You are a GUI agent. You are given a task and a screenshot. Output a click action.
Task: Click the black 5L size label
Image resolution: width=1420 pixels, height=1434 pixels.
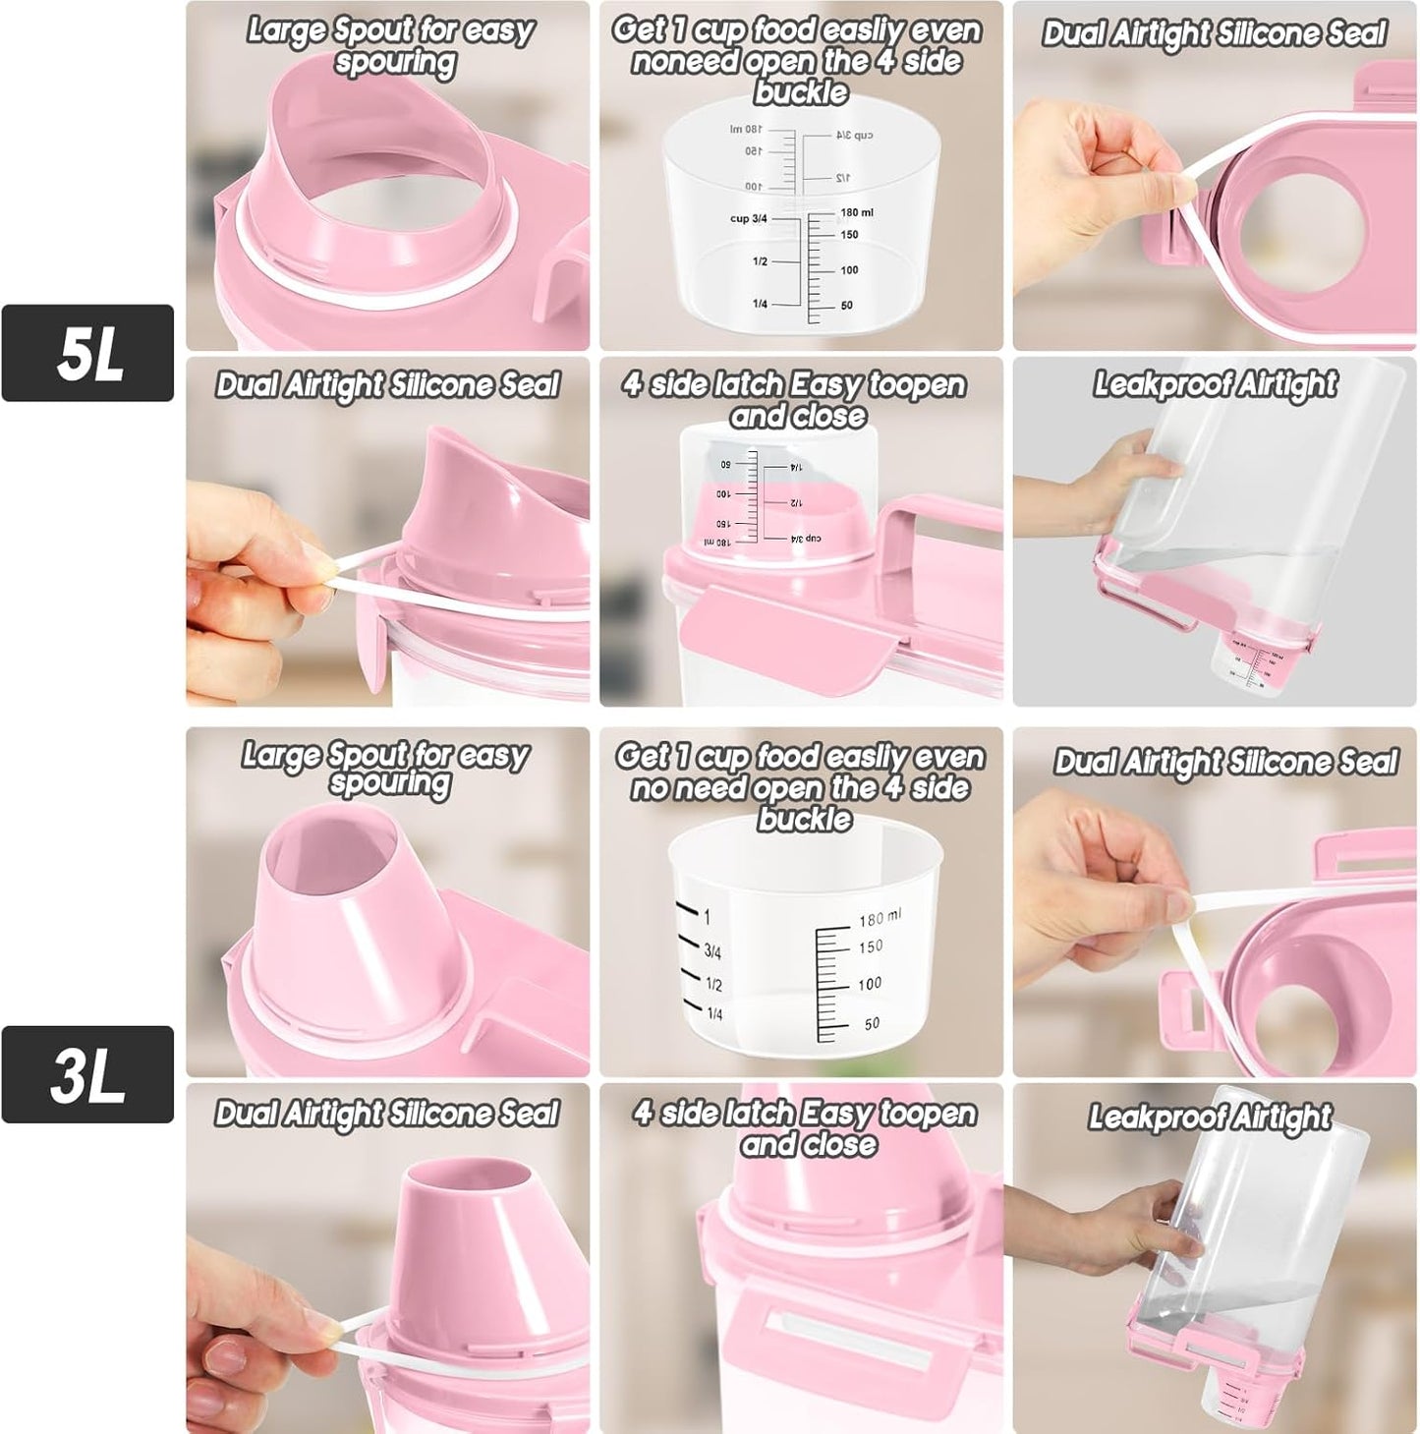pos(87,353)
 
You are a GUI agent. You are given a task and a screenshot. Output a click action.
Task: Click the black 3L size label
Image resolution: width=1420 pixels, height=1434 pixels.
pos(87,1074)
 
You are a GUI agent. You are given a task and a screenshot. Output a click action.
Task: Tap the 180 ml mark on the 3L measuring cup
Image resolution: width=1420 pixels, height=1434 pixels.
pos(879,918)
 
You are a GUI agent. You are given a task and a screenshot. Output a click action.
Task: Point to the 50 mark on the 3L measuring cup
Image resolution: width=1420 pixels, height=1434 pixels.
pos(872,1024)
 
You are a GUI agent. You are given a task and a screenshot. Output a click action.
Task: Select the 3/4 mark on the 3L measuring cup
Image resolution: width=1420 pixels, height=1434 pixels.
pos(712,951)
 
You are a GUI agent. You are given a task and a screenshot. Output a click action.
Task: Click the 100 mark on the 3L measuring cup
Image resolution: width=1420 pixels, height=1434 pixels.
pos(870,984)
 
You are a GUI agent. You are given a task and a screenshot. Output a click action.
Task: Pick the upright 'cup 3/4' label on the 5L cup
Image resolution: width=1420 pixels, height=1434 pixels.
pos(748,218)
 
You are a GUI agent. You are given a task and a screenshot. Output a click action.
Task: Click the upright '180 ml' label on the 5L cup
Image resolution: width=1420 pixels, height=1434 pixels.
pos(857,212)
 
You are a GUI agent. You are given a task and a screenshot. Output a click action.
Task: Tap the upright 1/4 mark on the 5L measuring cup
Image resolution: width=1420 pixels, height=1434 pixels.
pos(760,304)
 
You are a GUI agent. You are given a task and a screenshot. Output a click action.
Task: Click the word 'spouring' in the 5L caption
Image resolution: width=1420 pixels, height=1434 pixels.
pos(395,63)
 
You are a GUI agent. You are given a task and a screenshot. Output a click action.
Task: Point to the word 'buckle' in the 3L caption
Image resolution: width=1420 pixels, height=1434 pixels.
pos(804,819)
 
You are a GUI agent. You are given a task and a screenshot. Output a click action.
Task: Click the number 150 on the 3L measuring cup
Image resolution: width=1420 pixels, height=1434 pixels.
pos(871,947)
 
